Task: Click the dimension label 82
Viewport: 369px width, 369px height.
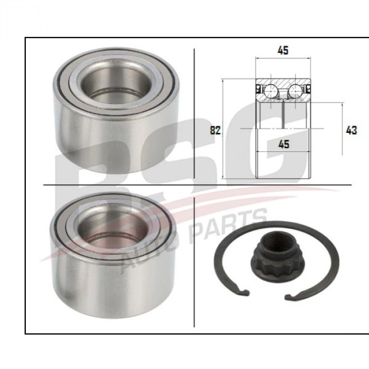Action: [215, 130]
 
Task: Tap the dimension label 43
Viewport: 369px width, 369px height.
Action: [352, 130]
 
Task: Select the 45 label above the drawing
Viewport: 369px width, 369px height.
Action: [283, 51]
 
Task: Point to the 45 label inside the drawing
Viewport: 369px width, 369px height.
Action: [284, 144]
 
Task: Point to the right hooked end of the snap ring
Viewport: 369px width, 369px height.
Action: [290, 297]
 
